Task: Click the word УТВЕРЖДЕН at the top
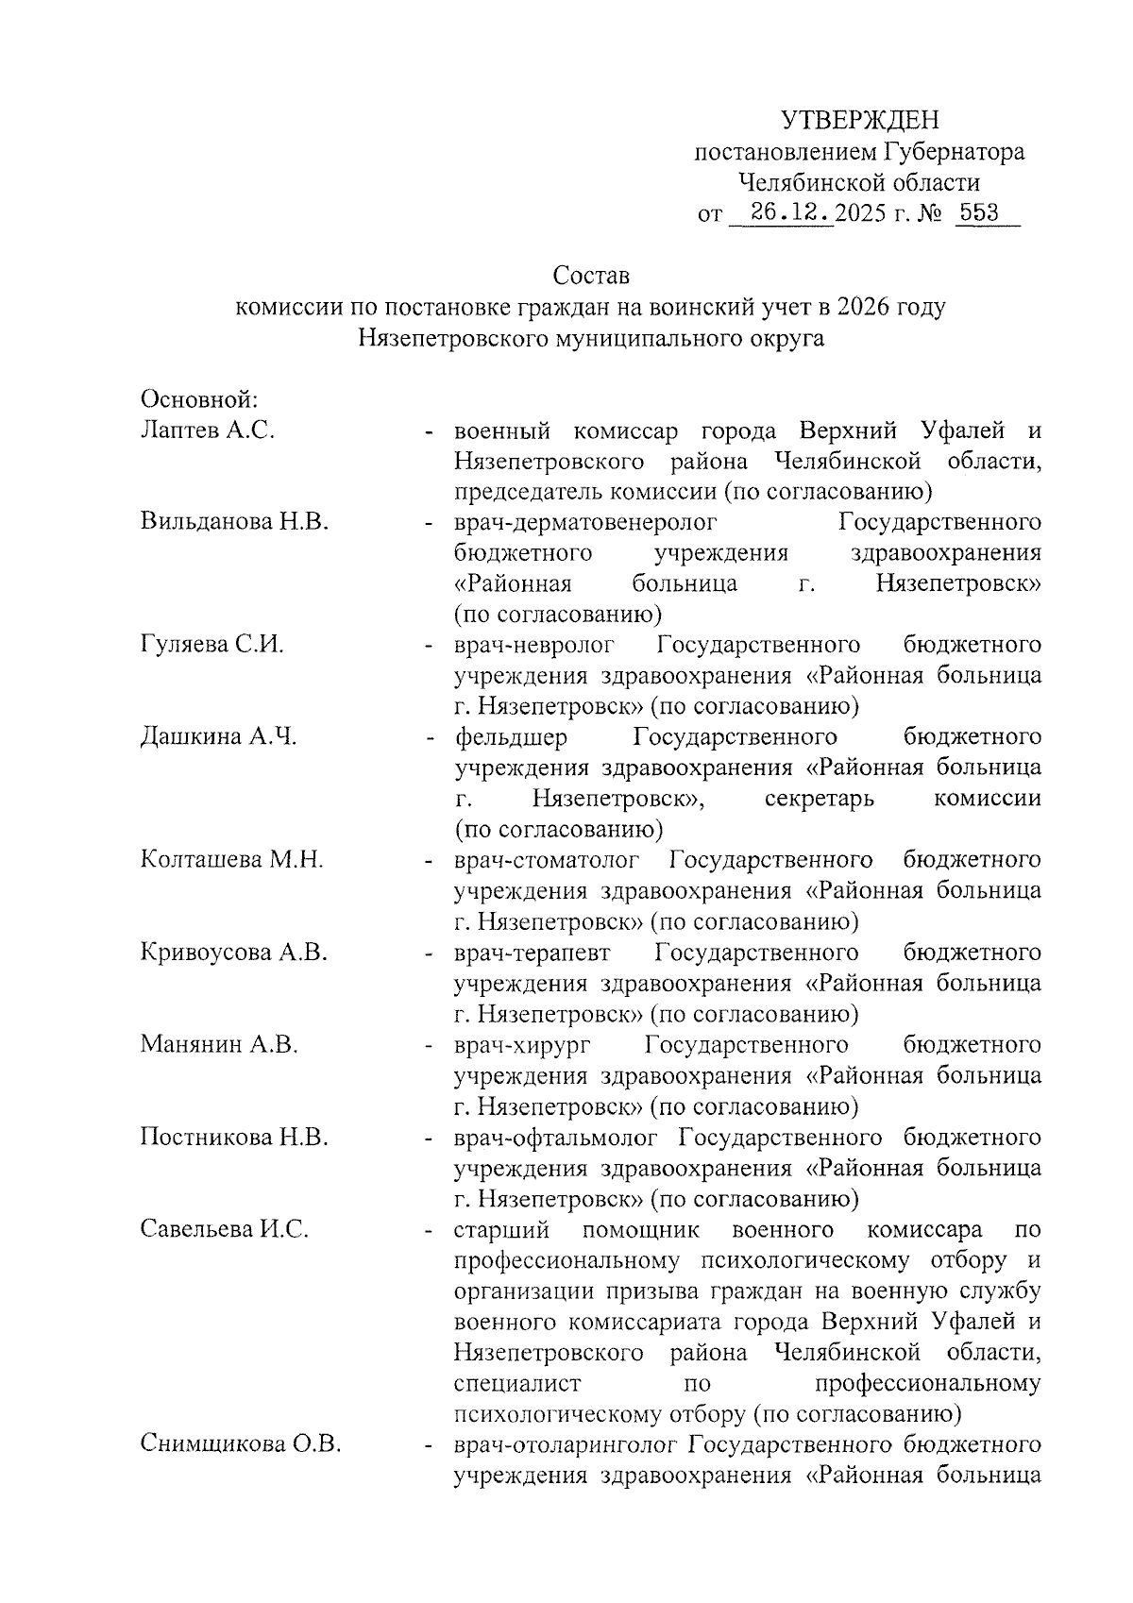860,120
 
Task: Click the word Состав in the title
591,277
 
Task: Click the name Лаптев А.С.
208,430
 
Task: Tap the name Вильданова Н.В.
234,522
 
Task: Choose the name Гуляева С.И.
212,645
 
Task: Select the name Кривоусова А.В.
234,953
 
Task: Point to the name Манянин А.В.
219,1044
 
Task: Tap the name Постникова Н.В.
234,1137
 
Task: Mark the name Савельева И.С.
225,1229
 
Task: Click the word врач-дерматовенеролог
585,522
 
